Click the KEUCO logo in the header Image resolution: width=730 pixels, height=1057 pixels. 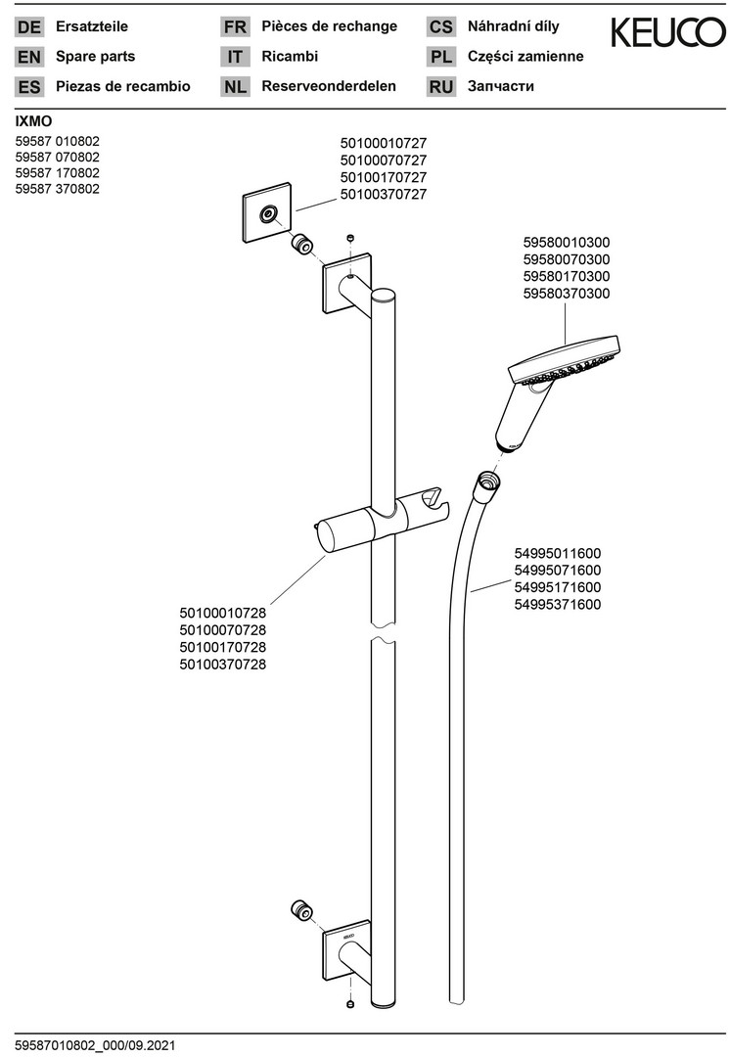668,32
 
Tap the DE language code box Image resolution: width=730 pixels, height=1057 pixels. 29,27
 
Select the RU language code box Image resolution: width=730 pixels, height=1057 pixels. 440,87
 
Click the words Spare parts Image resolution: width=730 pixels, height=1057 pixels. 95,57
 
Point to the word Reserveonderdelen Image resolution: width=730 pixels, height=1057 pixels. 328,86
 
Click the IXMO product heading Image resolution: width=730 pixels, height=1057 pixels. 33,122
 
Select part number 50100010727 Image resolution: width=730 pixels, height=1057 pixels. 383,143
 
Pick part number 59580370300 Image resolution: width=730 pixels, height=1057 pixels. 567,294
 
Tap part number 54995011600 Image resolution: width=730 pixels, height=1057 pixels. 558,553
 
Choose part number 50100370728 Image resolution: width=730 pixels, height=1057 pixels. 222,664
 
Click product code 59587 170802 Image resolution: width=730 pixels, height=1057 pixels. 58,173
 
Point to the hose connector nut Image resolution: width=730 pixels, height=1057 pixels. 486,486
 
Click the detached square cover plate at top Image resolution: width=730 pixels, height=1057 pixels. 267,213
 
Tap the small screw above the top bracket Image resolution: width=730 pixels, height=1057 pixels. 350,238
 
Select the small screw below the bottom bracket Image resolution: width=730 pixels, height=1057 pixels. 350,1004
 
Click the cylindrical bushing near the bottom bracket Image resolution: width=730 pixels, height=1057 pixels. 301,911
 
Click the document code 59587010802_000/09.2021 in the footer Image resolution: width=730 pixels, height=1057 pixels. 95,1045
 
